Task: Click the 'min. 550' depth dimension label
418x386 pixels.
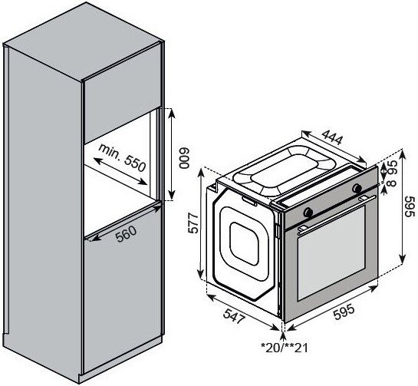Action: coord(123,157)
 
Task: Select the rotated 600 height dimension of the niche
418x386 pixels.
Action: coord(183,158)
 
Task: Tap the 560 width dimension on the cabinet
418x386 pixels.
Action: coord(126,234)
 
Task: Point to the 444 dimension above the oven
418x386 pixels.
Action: coord(331,137)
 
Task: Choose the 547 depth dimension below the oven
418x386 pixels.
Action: coord(234,316)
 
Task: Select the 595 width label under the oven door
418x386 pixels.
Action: coord(344,312)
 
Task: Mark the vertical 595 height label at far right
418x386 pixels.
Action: coord(410,207)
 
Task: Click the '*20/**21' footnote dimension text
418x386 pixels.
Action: coord(285,348)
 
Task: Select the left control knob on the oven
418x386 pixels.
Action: coord(308,212)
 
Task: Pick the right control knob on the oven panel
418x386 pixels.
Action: coord(357,188)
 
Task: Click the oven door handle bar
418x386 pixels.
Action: coord(337,214)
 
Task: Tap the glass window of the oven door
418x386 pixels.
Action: coord(331,253)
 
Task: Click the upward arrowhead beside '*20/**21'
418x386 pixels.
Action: coord(283,335)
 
